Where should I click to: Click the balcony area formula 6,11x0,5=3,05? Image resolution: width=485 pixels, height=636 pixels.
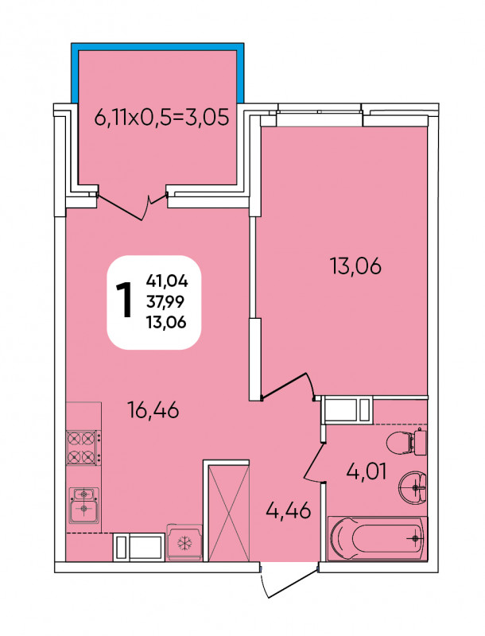tap(162, 117)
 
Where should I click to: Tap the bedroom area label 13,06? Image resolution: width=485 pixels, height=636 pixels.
tap(356, 266)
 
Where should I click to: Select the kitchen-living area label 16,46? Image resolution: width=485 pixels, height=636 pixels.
tap(153, 409)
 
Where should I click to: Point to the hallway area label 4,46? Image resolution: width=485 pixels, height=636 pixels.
tap(289, 510)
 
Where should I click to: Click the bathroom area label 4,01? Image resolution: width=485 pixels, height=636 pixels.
tap(367, 471)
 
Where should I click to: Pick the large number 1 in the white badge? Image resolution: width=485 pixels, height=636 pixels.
tap(125, 301)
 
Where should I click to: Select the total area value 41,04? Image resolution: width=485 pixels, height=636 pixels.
tap(168, 281)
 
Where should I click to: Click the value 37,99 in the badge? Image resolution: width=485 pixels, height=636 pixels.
tap(166, 301)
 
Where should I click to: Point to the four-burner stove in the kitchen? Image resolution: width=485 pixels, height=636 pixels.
tap(83, 448)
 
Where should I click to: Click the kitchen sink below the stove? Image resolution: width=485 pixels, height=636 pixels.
tap(84, 505)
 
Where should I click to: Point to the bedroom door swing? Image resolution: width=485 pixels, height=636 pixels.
tap(289, 386)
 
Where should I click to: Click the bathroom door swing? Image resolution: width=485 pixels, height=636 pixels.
tap(315, 463)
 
